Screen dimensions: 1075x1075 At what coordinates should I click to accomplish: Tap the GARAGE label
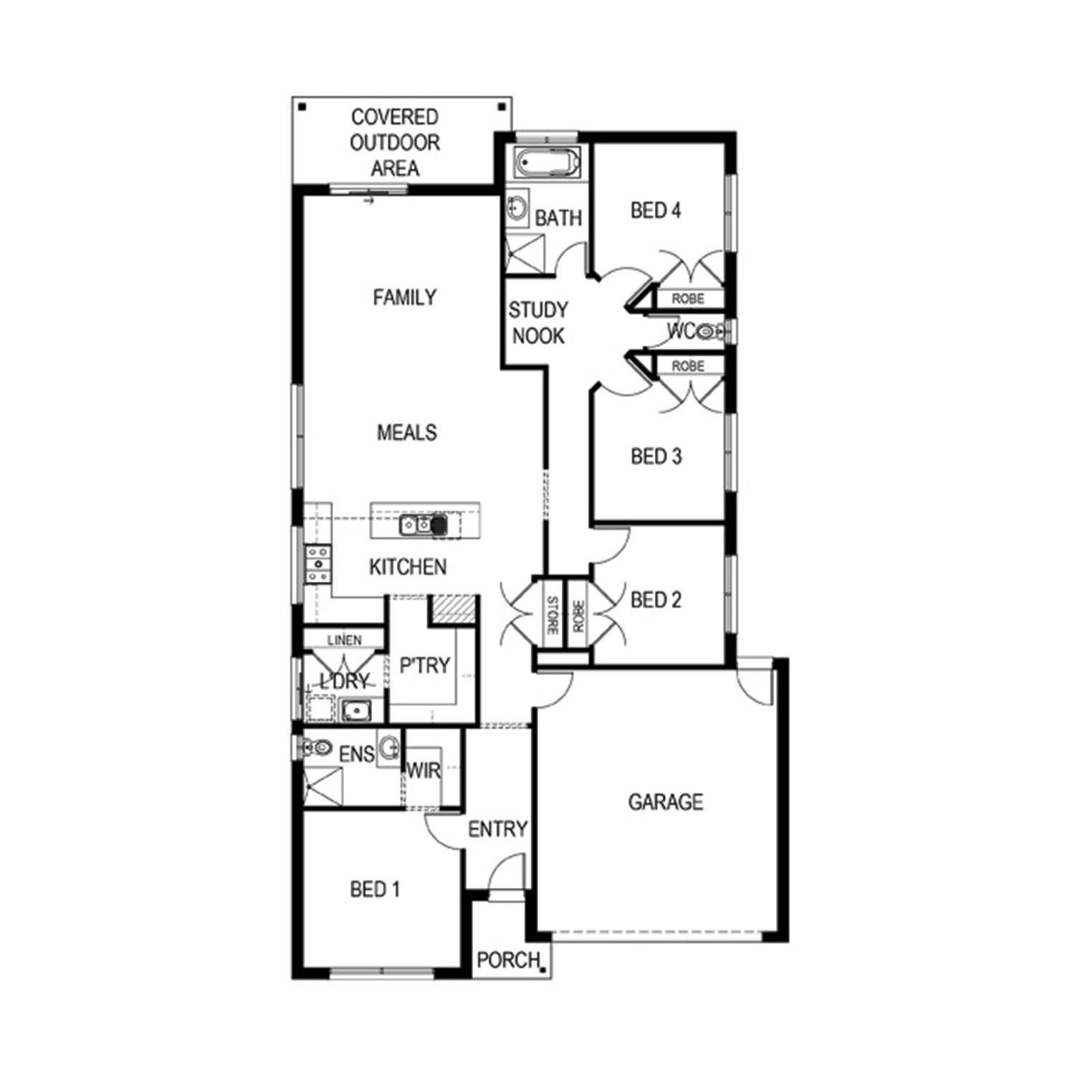coord(665,802)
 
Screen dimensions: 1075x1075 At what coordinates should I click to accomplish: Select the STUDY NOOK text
coord(538,323)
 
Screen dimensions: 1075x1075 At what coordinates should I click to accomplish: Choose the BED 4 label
coord(656,211)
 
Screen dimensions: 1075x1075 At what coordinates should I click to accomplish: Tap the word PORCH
coord(508,960)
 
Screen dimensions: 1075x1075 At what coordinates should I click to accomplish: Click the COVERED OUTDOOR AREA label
coord(395,143)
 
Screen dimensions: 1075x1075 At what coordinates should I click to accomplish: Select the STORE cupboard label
coord(552,616)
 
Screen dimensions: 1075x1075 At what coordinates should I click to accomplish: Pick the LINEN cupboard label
coord(345,640)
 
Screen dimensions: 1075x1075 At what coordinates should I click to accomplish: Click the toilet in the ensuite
coord(316,749)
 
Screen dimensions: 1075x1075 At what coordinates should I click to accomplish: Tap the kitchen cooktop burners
coord(317,564)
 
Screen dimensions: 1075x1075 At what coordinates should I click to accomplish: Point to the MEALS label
coord(406,433)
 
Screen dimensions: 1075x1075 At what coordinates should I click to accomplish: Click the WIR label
coord(424,772)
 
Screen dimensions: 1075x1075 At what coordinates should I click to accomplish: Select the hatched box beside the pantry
coord(453,609)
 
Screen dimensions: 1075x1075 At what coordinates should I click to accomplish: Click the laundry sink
coord(355,710)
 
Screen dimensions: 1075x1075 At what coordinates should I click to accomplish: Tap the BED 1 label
coord(375,890)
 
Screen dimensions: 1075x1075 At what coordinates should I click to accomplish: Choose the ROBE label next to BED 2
coord(578,616)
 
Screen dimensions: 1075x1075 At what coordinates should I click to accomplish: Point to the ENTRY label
coord(497,829)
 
